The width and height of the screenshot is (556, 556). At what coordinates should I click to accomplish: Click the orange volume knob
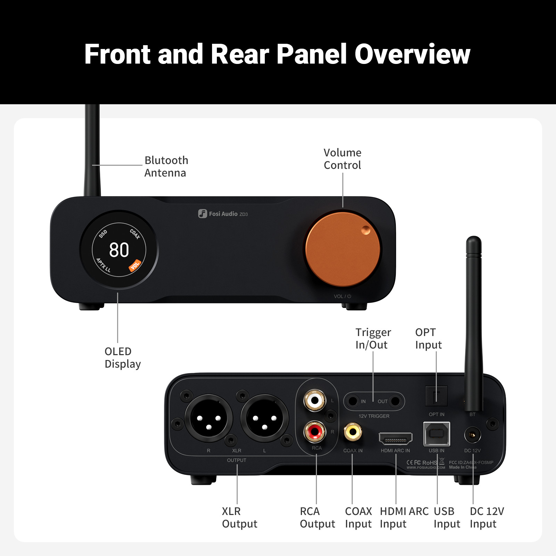coord(343,250)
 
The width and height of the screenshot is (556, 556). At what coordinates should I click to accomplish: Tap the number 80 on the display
coord(119,250)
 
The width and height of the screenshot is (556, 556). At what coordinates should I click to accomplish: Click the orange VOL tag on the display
coord(135,265)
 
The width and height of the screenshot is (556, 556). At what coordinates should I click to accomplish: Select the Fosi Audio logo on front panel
coord(223,213)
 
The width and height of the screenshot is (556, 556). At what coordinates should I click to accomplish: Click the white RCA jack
coord(315,400)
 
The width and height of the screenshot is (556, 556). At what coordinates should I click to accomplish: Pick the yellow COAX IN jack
coord(353,432)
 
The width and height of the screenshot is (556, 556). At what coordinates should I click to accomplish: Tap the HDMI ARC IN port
coord(395,439)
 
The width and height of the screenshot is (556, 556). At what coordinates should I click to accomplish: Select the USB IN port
coord(436,434)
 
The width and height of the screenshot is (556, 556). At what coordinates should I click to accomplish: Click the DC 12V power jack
coord(473,435)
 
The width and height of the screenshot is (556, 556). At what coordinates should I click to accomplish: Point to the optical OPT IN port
coord(436,396)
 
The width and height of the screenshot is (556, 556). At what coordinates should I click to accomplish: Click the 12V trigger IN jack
coord(353,401)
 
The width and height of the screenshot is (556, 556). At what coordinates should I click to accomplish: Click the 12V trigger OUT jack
coord(395,401)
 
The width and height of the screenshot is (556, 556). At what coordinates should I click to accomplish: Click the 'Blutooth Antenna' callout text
coord(166,166)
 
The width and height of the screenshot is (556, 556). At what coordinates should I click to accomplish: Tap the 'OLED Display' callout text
coord(122,358)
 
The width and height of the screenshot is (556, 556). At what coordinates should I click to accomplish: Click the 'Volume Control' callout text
coord(342,159)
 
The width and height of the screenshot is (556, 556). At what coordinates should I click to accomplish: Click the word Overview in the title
coord(412,54)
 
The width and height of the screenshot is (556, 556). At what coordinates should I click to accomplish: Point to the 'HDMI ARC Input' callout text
coord(404,517)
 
